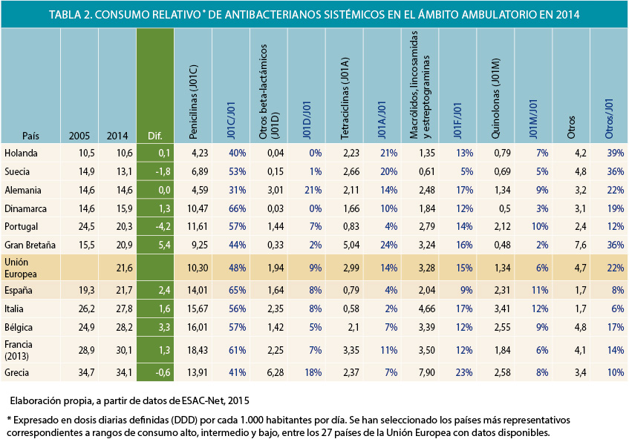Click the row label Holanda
20,153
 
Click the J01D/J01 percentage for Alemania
311,189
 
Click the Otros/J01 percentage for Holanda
613,153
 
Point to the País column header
30,136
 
